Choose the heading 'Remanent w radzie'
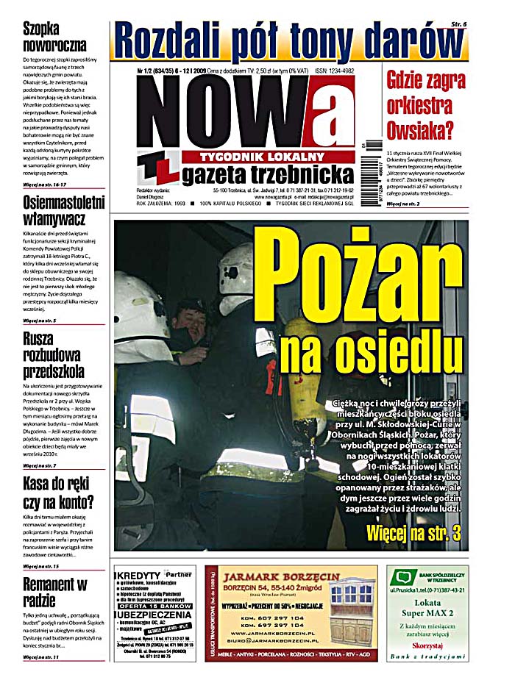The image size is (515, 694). click(x=55, y=593)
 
